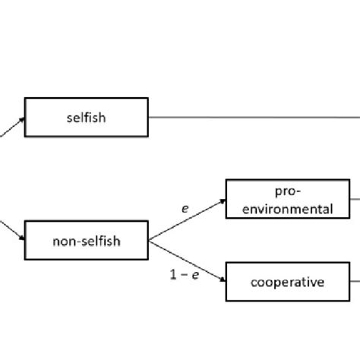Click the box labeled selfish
(86, 117)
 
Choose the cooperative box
(288, 283)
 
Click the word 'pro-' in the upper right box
(288, 191)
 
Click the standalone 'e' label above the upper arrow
(185, 207)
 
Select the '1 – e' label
(184, 275)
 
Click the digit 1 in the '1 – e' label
(173, 275)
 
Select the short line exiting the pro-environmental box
(355, 200)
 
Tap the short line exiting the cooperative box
(355, 283)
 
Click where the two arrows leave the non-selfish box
(149, 241)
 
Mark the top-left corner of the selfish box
(25, 98)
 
